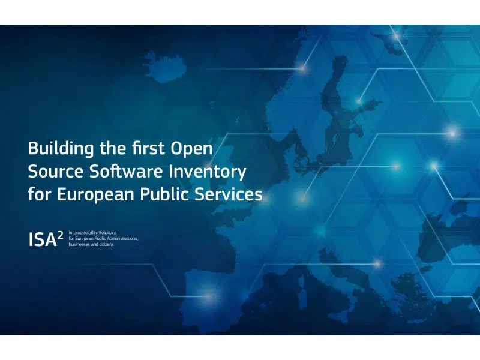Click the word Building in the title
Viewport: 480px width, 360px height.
pyautogui.click(x=61, y=149)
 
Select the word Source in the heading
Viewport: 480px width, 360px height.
pyautogui.click(x=55, y=172)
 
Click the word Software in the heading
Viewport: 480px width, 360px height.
pyautogui.click(x=126, y=172)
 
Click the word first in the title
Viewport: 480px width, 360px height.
pyautogui.click(x=148, y=148)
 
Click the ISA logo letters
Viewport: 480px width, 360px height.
pyautogui.click(x=43, y=239)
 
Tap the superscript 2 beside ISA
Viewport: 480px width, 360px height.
pyautogui.click(x=61, y=235)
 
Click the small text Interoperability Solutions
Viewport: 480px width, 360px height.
pyautogui.click(x=92, y=233)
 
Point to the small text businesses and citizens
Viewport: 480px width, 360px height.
pyautogui.click(x=91, y=244)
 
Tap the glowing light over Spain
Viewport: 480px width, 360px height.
pyautogui.click(x=209, y=296)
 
